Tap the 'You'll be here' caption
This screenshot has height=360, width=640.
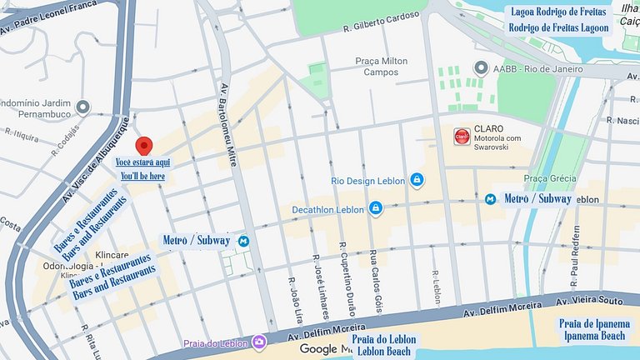click(142, 176)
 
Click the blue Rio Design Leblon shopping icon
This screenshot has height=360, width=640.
click(416, 180)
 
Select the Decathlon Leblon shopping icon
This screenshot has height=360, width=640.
click(376, 207)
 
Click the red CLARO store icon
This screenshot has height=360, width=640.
click(461, 136)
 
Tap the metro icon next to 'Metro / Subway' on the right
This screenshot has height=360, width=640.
click(491, 199)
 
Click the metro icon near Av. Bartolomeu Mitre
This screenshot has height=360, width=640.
click(243, 241)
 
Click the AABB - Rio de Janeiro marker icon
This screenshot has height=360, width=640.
click(480, 67)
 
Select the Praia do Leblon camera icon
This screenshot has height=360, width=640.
click(259, 342)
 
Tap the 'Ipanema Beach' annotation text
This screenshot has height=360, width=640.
click(593, 334)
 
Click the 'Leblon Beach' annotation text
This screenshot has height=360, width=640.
click(383, 352)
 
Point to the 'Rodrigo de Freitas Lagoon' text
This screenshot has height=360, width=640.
click(558, 27)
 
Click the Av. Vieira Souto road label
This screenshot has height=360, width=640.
click(589, 300)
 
